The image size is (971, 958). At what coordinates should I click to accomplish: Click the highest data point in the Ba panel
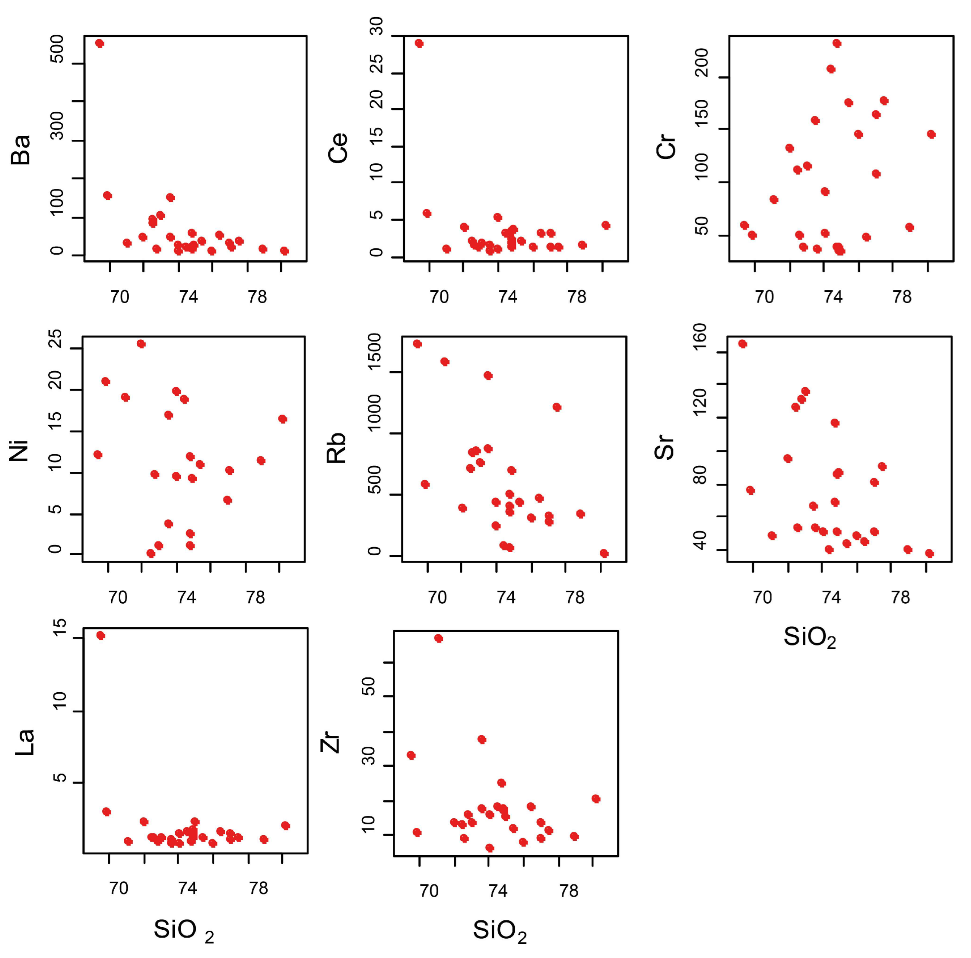click(99, 43)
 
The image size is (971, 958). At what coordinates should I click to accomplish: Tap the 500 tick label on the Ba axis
click(57, 49)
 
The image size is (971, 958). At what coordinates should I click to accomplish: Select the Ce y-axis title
click(338, 148)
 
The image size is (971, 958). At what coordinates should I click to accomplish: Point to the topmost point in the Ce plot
click(419, 43)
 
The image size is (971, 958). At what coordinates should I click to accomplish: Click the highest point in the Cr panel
click(837, 43)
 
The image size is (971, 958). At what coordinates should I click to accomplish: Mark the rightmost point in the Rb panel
click(604, 554)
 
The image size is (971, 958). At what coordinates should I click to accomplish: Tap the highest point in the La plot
click(100, 635)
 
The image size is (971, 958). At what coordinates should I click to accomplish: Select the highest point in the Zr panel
click(438, 638)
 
